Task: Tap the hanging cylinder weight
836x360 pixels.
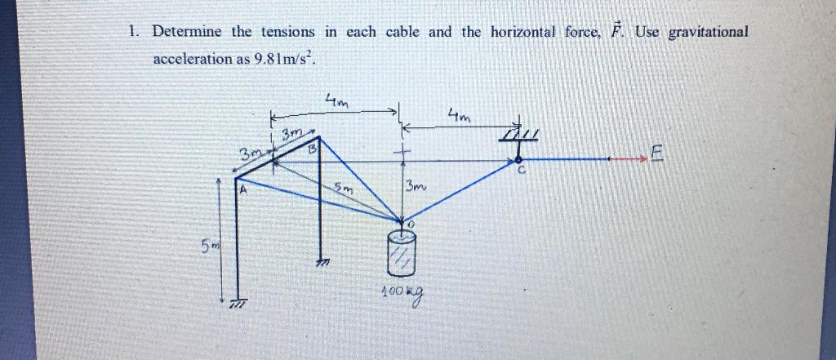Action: point(403,254)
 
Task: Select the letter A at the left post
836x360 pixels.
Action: point(241,191)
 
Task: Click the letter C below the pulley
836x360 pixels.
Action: point(518,171)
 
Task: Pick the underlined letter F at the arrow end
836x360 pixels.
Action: point(659,153)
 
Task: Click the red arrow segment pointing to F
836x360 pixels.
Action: point(629,159)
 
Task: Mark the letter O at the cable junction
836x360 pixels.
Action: point(411,223)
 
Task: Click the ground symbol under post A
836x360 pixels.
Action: point(238,303)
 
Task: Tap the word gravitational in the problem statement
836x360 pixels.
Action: point(708,32)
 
